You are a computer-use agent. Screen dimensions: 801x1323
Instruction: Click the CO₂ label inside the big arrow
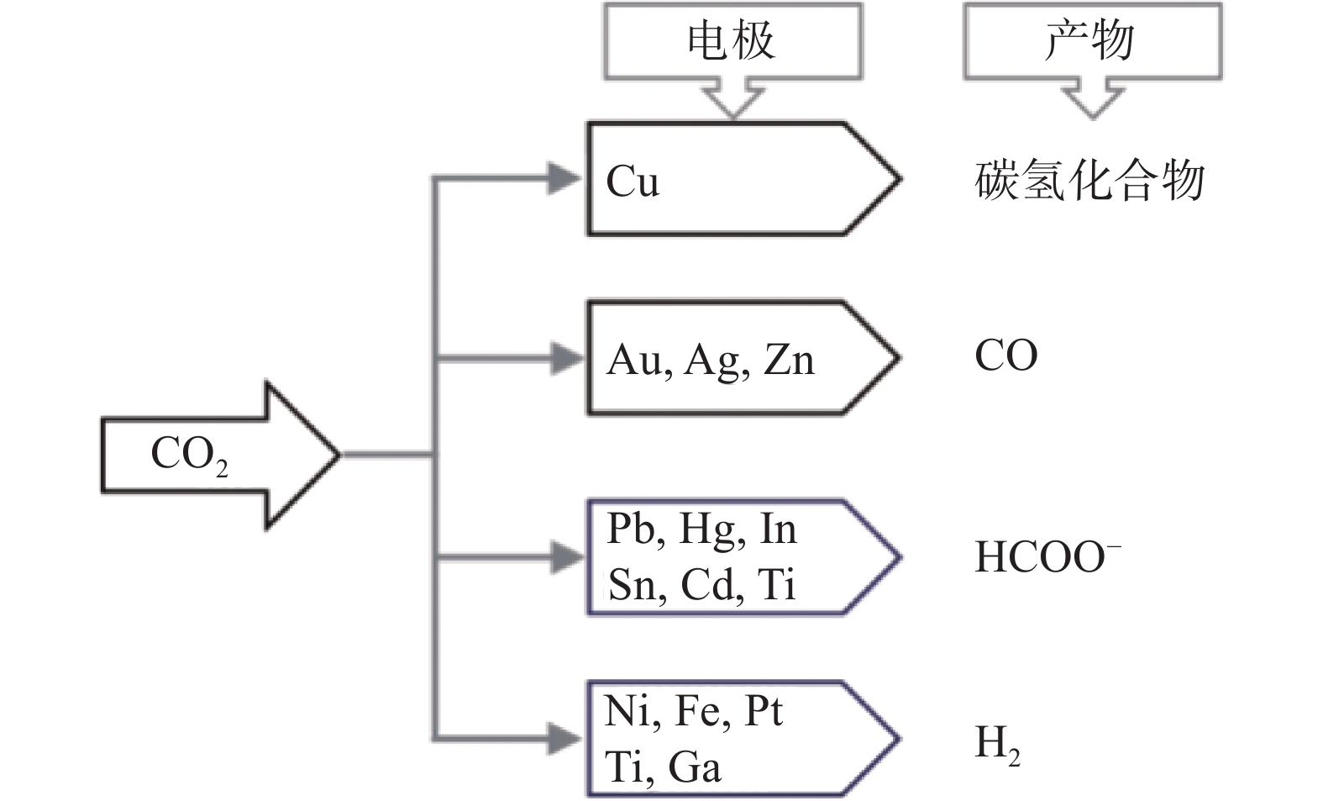[x=189, y=455]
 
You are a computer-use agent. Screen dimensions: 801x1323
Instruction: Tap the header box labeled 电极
[x=732, y=41]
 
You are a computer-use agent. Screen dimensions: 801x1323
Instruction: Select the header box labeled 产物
[x=1091, y=41]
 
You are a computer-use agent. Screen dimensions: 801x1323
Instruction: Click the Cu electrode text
[x=633, y=181]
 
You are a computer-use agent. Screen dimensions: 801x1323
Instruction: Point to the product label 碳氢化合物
[x=1089, y=181]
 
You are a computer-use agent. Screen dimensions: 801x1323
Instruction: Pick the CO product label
[x=1005, y=356]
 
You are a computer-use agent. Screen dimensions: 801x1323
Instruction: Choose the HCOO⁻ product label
[x=1047, y=556]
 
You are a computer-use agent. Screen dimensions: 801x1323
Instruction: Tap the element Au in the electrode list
[x=637, y=361]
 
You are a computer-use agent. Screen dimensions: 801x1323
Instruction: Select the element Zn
[x=789, y=361]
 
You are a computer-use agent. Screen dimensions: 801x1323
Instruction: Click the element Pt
[x=763, y=712]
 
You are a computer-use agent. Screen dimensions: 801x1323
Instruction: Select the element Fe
[x=697, y=712]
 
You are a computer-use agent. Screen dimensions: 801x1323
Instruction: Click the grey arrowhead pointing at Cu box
[x=563, y=178]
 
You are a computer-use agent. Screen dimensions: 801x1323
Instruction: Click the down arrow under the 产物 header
[x=1091, y=99]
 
